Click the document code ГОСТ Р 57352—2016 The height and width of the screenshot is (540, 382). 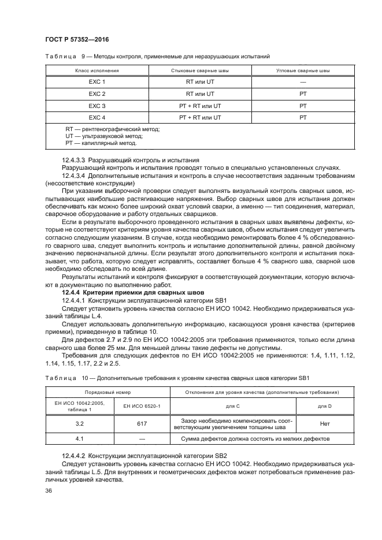pos(76,39)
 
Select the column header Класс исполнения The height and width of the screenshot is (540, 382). pos(97,70)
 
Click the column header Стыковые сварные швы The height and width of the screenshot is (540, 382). pos(200,70)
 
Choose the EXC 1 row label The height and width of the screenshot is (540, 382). pos(97,82)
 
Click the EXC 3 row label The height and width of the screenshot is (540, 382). pos(97,106)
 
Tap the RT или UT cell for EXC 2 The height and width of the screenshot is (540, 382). pos(200,94)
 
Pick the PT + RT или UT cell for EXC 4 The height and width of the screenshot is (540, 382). pos(200,117)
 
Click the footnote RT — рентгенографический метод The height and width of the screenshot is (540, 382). pos(112,129)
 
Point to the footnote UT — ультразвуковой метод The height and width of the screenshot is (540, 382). pos(104,136)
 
